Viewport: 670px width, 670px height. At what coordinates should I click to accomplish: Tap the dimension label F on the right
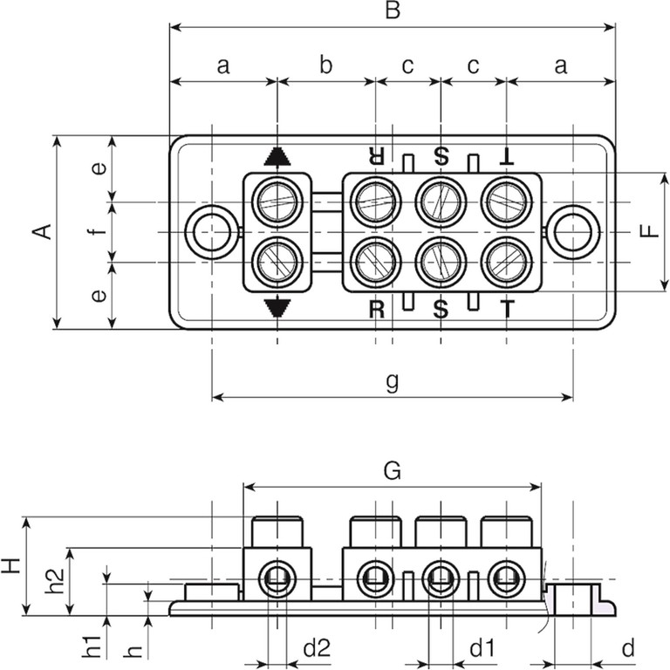pyautogui.click(x=647, y=232)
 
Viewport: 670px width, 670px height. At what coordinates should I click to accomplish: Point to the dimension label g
pyautogui.click(x=392, y=381)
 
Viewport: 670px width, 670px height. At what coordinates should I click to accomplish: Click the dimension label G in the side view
pyautogui.click(x=392, y=471)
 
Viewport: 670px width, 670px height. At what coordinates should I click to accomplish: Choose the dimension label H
pyautogui.click(x=11, y=566)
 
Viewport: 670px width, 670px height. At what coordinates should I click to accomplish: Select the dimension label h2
pyautogui.click(x=54, y=581)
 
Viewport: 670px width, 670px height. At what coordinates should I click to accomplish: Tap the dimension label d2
pyautogui.click(x=317, y=648)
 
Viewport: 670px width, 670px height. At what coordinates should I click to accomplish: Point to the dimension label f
pyautogui.click(x=99, y=232)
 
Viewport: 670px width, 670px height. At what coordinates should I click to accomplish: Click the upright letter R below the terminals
pyautogui.click(x=376, y=309)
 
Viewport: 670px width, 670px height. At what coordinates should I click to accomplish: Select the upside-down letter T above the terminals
pyautogui.click(x=506, y=156)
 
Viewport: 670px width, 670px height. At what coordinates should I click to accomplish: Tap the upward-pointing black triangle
pyautogui.click(x=277, y=156)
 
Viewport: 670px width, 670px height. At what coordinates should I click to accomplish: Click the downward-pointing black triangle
pyautogui.click(x=277, y=306)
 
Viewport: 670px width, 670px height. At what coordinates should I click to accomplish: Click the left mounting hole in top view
pyautogui.click(x=210, y=233)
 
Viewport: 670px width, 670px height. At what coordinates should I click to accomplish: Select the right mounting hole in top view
pyautogui.click(x=573, y=233)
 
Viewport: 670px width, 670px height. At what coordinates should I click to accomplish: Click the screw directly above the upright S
pyautogui.click(x=441, y=261)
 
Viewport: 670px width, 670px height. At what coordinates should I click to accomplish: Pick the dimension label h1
pyautogui.click(x=92, y=648)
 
